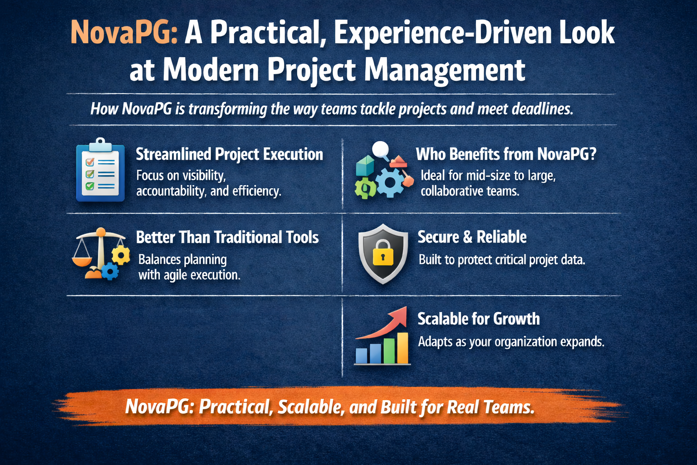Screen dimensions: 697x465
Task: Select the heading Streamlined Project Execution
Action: point(229,154)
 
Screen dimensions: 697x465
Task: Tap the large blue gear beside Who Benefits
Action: point(390,183)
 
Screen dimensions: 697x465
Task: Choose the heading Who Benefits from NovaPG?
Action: point(506,154)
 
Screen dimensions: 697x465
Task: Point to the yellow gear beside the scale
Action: point(121,255)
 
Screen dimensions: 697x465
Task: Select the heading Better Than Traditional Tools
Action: point(227,237)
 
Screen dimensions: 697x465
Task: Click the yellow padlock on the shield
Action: point(383,253)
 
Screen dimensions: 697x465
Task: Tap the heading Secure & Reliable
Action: point(472,237)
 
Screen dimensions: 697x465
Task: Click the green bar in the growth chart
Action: point(389,351)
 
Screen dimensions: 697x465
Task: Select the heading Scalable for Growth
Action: point(479,319)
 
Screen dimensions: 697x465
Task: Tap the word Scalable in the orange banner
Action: point(311,407)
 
